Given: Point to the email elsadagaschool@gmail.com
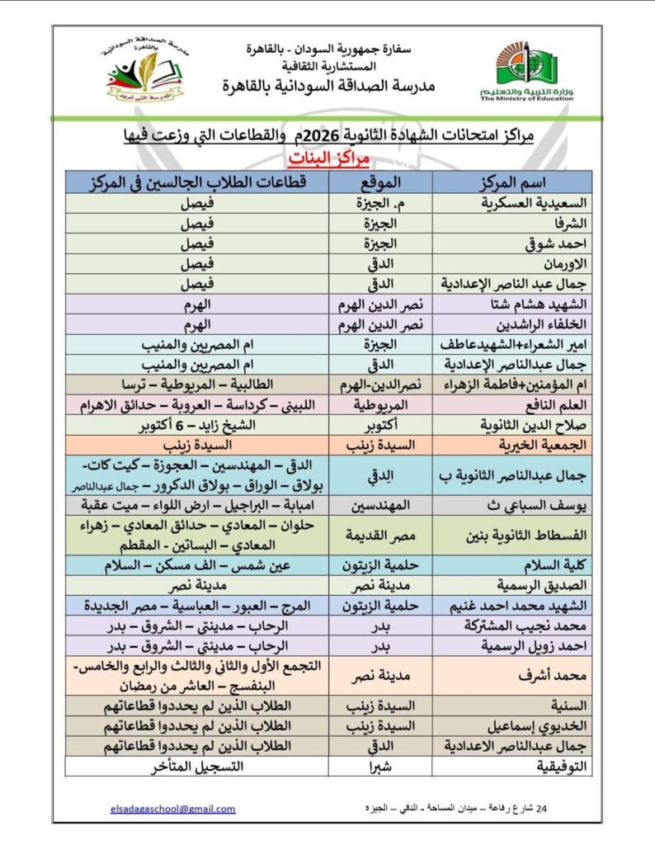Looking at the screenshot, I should [x=172, y=809].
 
